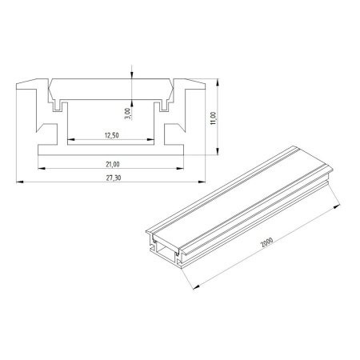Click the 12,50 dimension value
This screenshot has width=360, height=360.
point(112,135)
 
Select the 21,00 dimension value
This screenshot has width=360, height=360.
point(113,165)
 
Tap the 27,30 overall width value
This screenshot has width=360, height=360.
point(114,178)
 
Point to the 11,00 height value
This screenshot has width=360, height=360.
point(214,118)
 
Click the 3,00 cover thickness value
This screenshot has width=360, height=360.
point(128,114)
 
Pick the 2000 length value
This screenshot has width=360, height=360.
point(267,242)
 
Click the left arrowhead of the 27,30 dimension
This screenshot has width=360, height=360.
point(19,182)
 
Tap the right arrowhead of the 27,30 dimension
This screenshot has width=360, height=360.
point(202,182)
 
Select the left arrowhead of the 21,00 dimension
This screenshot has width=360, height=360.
point(42,168)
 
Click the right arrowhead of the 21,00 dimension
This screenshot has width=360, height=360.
point(180,168)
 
